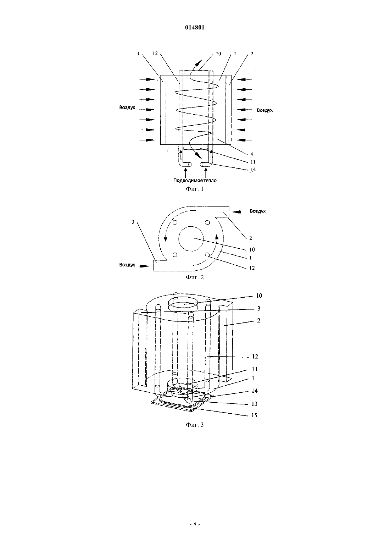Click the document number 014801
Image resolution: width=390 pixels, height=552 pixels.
(195, 27)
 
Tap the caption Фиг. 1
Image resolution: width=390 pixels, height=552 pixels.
(195, 189)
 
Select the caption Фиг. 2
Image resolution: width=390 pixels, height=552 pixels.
(195, 277)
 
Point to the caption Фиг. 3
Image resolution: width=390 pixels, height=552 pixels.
(195, 425)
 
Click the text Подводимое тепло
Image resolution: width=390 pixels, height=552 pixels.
(195, 180)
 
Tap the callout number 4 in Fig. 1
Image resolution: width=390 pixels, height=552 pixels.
(252, 154)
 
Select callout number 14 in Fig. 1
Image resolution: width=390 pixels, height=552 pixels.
(252, 170)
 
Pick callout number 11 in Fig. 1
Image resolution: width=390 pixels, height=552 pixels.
(253, 162)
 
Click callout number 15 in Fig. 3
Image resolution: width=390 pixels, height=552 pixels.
(254, 415)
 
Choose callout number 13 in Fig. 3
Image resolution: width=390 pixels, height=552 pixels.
(254, 404)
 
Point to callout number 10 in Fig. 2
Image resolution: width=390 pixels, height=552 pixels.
(252, 250)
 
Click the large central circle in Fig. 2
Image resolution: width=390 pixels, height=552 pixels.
(191, 226)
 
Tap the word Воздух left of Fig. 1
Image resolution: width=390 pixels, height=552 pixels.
(127, 107)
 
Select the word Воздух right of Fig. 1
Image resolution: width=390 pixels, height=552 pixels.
(265, 110)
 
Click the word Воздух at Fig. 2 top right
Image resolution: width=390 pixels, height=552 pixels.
(258, 211)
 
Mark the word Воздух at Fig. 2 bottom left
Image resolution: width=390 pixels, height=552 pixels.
(127, 265)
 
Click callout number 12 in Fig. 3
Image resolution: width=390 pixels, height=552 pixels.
(255, 357)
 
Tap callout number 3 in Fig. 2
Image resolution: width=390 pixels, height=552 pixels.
(133, 222)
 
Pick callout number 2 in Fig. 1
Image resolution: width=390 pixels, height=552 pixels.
(252, 54)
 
